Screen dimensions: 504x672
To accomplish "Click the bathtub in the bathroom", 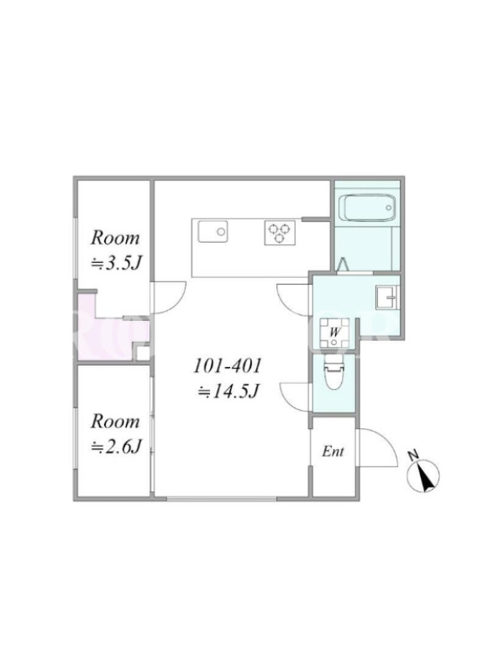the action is point(367,207).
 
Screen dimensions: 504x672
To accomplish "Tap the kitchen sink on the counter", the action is point(213,232).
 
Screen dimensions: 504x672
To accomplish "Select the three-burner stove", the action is point(280,233).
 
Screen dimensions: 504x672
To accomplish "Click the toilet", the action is point(334,372).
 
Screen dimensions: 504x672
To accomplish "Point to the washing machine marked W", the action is point(334,333).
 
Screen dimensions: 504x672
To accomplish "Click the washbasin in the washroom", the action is point(387,297).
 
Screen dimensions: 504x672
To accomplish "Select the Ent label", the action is point(333,451).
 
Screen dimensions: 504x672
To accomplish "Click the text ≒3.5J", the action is point(116,264).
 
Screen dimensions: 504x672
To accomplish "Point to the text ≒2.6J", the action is point(116,447).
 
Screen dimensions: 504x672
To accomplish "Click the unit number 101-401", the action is point(228,366).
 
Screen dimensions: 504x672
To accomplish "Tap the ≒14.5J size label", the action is point(228,391).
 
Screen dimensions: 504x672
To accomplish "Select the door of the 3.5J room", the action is point(176,300).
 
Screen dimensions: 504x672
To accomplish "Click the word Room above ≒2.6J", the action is point(115,422).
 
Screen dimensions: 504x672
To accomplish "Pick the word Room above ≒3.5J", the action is point(115,238).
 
